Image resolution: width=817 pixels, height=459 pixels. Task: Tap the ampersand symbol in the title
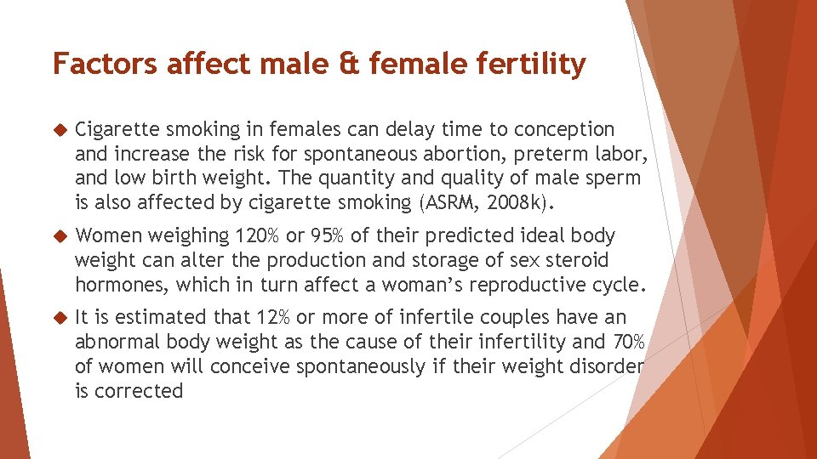coord(351,64)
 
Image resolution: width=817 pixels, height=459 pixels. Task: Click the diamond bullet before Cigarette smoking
coord(59,130)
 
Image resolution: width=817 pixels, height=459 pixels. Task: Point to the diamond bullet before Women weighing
coord(59,235)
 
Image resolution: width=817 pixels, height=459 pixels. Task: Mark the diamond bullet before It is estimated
coord(59,318)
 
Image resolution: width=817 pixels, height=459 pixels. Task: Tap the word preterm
coord(552,155)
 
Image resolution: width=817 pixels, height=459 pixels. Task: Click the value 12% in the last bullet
coord(272,318)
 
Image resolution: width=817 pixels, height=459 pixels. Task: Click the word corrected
coord(140,391)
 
